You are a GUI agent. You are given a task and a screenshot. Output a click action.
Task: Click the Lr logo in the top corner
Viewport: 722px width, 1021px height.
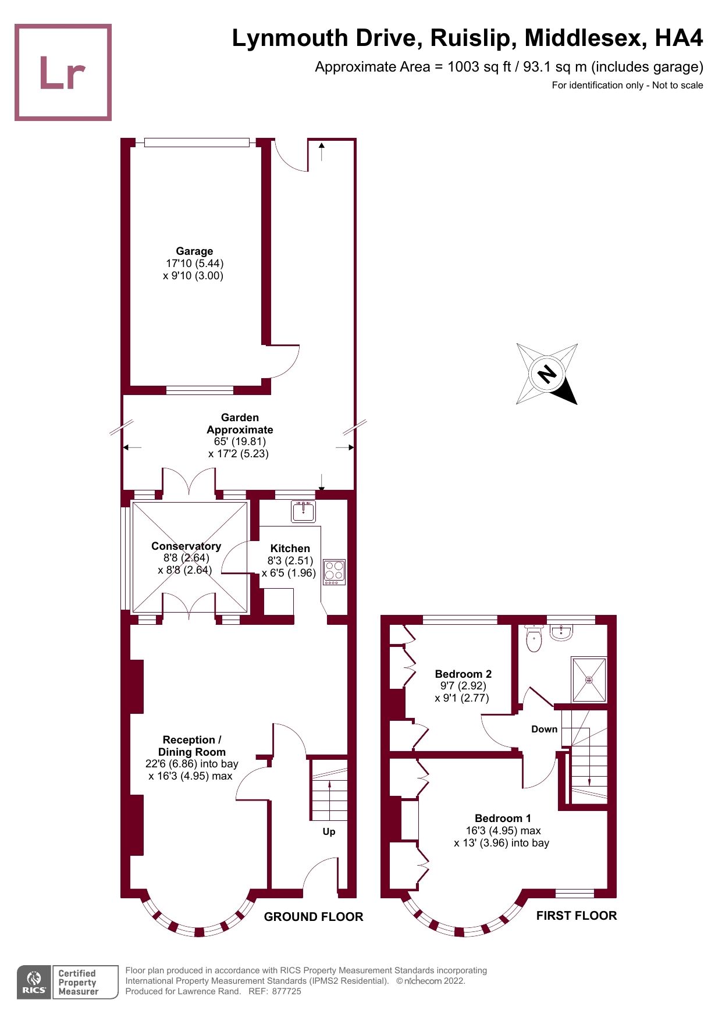[x=63, y=72]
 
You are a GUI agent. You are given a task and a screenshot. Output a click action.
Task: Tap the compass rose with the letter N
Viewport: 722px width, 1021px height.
[x=547, y=373]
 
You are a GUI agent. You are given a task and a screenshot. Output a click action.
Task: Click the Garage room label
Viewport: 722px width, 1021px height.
[x=194, y=251]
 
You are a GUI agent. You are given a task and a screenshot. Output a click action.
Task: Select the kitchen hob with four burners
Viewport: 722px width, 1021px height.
[x=334, y=572]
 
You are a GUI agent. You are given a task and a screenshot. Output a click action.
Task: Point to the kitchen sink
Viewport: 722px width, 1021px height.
[x=303, y=511]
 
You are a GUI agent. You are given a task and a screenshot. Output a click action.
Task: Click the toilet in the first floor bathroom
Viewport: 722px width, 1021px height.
[x=534, y=639]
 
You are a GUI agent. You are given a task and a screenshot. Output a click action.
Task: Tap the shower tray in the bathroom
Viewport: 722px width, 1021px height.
[x=589, y=680]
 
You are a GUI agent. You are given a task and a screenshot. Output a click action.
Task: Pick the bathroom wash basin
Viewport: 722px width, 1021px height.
[x=561, y=633]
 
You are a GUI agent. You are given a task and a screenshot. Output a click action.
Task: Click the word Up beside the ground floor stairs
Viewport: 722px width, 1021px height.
[x=329, y=831]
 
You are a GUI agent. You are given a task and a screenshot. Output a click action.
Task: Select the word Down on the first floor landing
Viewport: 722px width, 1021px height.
[x=544, y=729]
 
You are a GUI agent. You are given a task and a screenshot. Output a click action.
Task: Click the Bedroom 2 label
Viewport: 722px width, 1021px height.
[x=463, y=674]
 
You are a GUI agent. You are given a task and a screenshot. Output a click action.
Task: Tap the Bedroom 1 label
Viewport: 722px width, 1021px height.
[x=503, y=818]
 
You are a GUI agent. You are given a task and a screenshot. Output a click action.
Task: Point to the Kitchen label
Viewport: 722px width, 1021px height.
[x=290, y=548]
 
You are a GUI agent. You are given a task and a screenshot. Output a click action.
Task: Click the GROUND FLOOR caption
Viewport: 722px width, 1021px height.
[x=314, y=917]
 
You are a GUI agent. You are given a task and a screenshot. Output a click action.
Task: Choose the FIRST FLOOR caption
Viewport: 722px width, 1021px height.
[x=576, y=916]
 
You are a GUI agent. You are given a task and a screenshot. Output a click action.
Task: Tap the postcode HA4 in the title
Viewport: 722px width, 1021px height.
[x=679, y=38]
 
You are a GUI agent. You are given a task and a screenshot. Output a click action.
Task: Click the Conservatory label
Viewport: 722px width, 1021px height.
[x=186, y=546]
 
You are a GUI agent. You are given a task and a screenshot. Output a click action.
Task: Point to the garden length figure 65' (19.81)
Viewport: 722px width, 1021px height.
[x=240, y=442]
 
